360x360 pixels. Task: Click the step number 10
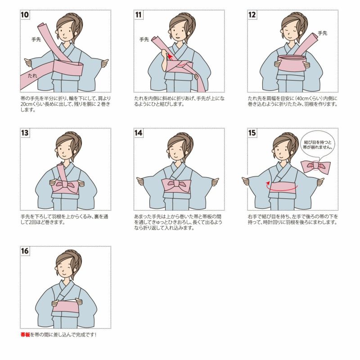[25, 15]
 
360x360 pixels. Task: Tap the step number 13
[25, 133]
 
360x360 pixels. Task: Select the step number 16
[25, 251]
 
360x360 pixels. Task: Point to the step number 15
[252, 133]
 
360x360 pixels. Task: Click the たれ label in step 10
[32, 76]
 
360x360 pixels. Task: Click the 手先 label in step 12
[323, 33]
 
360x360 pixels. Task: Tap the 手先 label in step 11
[144, 40]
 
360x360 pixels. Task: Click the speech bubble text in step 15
[318, 144]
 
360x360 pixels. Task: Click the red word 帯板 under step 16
[25, 335]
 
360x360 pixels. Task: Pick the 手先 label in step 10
[36, 40]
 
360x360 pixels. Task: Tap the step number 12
[252, 15]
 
